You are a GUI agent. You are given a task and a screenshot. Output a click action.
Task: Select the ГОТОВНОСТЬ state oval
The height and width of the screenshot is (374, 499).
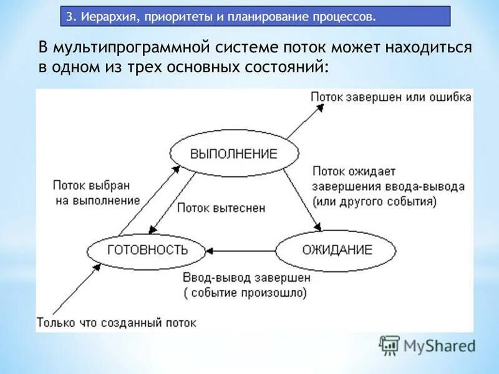(147, 250)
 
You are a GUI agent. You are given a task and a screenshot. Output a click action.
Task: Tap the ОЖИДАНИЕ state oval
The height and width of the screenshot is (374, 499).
(336, 250)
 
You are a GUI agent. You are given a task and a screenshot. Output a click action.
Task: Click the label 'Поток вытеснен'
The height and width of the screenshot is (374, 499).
(212, 208)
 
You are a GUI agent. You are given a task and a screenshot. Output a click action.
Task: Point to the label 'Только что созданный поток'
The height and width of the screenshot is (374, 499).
(117, 322)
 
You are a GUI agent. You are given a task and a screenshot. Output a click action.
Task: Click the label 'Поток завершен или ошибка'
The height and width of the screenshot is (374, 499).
(391, 97)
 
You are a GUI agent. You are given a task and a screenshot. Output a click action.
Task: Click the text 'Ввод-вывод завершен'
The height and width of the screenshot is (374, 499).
(246, 278)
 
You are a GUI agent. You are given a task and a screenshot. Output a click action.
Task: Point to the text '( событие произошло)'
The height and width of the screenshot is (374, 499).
(245, 292)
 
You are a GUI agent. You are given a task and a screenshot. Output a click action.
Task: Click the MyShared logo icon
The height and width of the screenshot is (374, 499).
(390, 345)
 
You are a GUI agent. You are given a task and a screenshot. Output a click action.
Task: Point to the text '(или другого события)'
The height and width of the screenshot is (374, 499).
(375, 201)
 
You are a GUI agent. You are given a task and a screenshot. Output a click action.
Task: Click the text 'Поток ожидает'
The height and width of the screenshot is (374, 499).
(354, 171)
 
